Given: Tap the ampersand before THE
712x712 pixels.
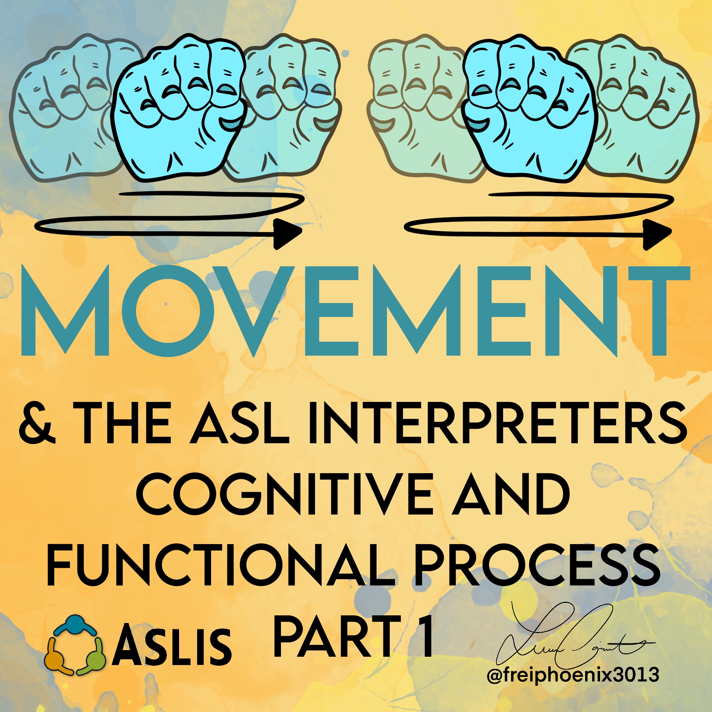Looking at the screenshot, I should point(38,423).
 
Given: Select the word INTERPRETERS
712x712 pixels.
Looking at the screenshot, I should point(497,423).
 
